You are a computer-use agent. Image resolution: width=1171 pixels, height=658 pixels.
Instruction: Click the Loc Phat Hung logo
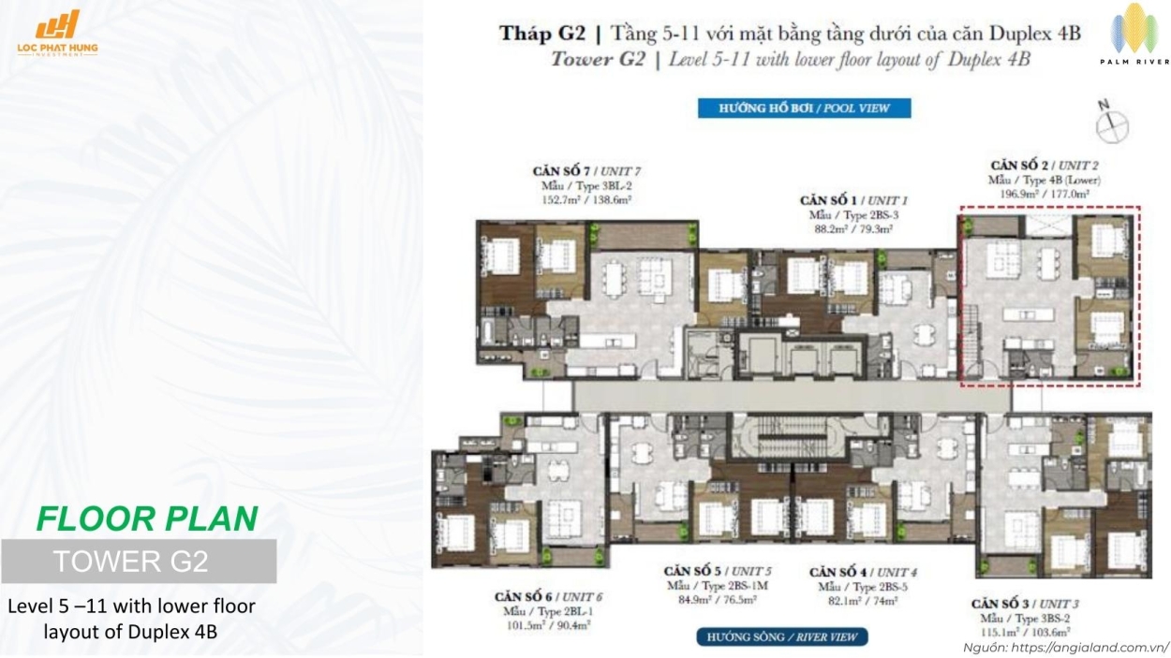(x=57, y=34)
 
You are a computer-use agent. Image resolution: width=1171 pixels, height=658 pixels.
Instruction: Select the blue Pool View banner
(x=804, y=108)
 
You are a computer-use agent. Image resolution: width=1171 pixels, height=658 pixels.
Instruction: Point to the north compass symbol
(x=1112, y=123)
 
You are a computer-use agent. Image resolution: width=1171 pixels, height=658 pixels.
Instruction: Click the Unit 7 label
(x=586, y=171)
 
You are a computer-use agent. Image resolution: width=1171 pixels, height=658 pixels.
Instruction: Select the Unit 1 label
(x=853, y=200)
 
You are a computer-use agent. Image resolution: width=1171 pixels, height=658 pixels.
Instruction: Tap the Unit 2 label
(x=1044, y=165)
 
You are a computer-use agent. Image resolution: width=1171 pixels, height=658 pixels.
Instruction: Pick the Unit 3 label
(x=1025, y=604)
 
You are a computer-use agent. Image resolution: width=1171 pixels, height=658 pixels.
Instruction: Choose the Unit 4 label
(x=863, y=572)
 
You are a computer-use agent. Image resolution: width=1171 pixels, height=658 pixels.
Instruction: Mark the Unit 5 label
(x=718, y=571)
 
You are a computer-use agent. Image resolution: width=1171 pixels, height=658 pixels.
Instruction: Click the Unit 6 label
(x=548, y=597)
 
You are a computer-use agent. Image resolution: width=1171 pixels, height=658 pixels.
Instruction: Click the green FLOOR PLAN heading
(x=147, y=519)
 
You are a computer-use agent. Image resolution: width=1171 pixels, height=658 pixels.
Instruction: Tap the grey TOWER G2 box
(x=139, y=562)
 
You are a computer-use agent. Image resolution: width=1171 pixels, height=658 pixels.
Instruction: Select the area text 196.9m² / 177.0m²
(x=1044, y=195)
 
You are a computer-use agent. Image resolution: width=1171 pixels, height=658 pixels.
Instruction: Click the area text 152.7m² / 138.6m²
(x=586, y=200)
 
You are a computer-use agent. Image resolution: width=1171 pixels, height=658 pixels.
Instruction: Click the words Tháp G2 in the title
(x=542, y=34)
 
